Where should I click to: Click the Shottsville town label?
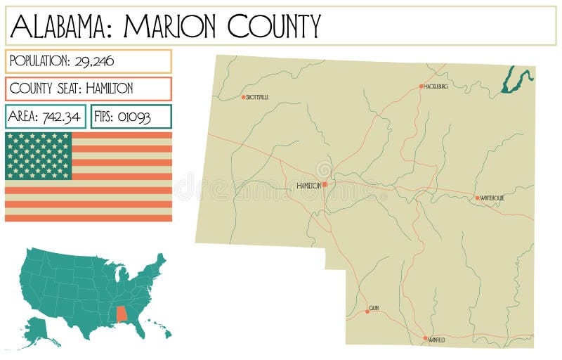tap(257, 97)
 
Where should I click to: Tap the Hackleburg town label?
tap(436, 86)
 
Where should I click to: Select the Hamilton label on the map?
tap(308, 186)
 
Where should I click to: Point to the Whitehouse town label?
tap(492, 198)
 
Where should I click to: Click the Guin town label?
tap(374, 309)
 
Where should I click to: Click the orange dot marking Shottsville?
tap(243, 97)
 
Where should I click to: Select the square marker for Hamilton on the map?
tap(325, 185)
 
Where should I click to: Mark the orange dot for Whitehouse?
tap(477, 198)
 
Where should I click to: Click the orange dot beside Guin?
tap(367, 311)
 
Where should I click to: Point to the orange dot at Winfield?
tap(425, 338)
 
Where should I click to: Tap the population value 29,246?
tap(93, 61)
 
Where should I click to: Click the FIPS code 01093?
tap(135, 117)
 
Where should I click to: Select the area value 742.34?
tap(60, 117)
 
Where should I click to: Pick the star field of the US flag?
tap(39, 155)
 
